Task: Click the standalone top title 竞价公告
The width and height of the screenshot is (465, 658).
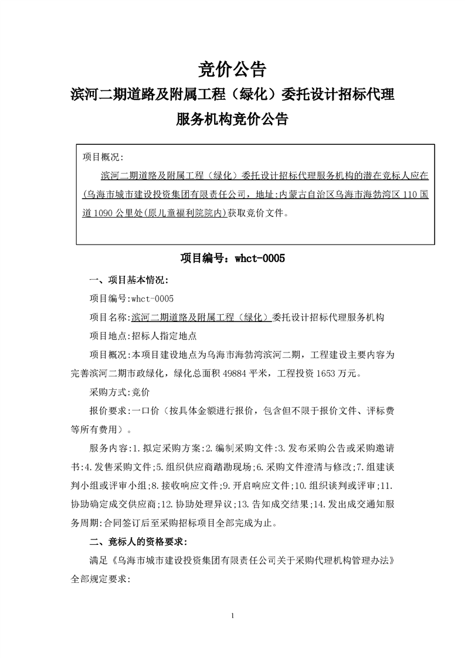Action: tap(232, 69)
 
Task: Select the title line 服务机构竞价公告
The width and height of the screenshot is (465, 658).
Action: tap(232, 119)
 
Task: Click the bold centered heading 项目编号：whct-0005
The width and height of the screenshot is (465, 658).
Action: tap(232, 257)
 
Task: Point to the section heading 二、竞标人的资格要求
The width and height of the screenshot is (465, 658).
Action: tap(137, 541)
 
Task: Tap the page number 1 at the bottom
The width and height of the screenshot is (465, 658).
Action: tap(233, 616)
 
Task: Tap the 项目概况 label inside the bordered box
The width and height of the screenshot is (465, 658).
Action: tap(101, 157)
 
